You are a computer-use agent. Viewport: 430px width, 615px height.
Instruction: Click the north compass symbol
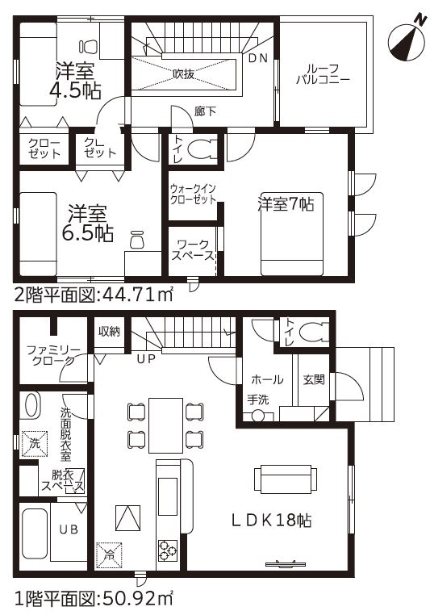(x=408, y=43)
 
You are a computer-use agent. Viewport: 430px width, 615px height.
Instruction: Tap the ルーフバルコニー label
(x=323, y=74)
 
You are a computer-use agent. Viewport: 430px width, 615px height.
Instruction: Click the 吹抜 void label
(x=183, y=73)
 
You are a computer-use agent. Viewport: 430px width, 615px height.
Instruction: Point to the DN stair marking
(x=258, y=58)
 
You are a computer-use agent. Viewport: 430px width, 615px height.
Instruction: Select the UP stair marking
(x=146, y=358)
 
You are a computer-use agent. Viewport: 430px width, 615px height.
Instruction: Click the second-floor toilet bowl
(x=202, y=149)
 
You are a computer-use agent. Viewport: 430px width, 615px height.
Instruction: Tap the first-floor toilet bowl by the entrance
(x=315, y=332)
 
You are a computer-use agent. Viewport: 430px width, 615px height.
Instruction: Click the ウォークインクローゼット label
(x=193, y=194)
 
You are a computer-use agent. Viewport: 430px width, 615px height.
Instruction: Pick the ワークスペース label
(x=193, y=250)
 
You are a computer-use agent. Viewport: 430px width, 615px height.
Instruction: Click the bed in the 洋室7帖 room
(x=292, y=234)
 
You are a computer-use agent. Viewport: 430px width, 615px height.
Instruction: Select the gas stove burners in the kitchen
(x=167, y=550)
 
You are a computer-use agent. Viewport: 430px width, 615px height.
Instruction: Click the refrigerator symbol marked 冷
(x=109, y=554)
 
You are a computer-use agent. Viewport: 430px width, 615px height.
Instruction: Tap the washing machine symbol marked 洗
(x=34, y=444)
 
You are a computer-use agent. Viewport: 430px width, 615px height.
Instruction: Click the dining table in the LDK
(x=166, y=425)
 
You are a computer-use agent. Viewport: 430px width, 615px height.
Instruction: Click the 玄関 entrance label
(x=314, y=379)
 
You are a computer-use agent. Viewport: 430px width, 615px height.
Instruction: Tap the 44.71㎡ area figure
(x=137, y=295)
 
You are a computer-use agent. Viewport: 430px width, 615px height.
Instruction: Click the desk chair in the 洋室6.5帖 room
(x=137, y=239)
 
